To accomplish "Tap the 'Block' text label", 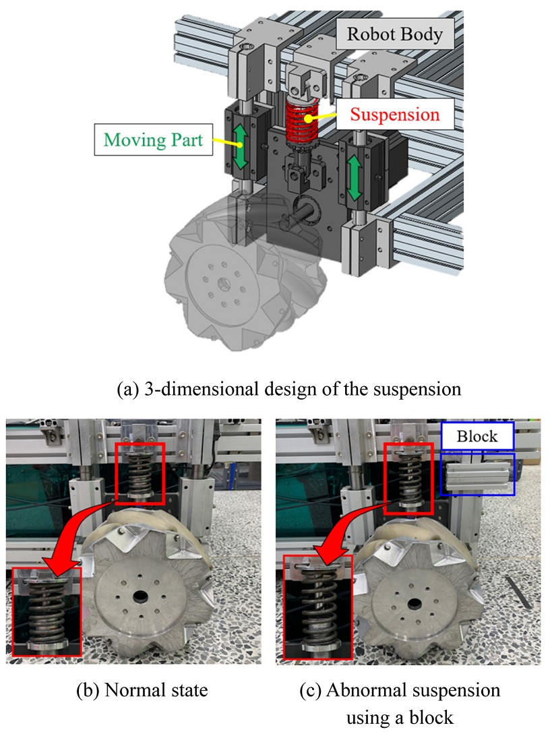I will [477, 436].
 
